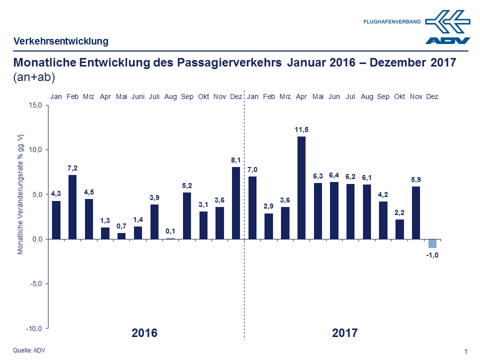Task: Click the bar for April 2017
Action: (x=301, y=187)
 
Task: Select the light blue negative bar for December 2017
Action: (x=432, y=243)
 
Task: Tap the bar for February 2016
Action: (x=72, y=206)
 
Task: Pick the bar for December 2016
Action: (x=236, y=202)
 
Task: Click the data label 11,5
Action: (x=301, y=130)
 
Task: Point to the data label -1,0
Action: (x=432, y=256)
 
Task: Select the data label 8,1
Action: (x=236, y=160)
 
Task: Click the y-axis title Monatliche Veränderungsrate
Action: (x=20, y=193)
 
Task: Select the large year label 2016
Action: (x=144, y=333)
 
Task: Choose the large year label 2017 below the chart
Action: (x=345, y=333)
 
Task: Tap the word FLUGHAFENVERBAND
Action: (x=391, y=22)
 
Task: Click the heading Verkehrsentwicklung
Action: (x=61, y=41)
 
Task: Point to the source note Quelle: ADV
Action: (x=29, y=350)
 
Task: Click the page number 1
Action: (x=466, y=351)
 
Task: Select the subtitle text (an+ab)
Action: (x=34, y=77)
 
